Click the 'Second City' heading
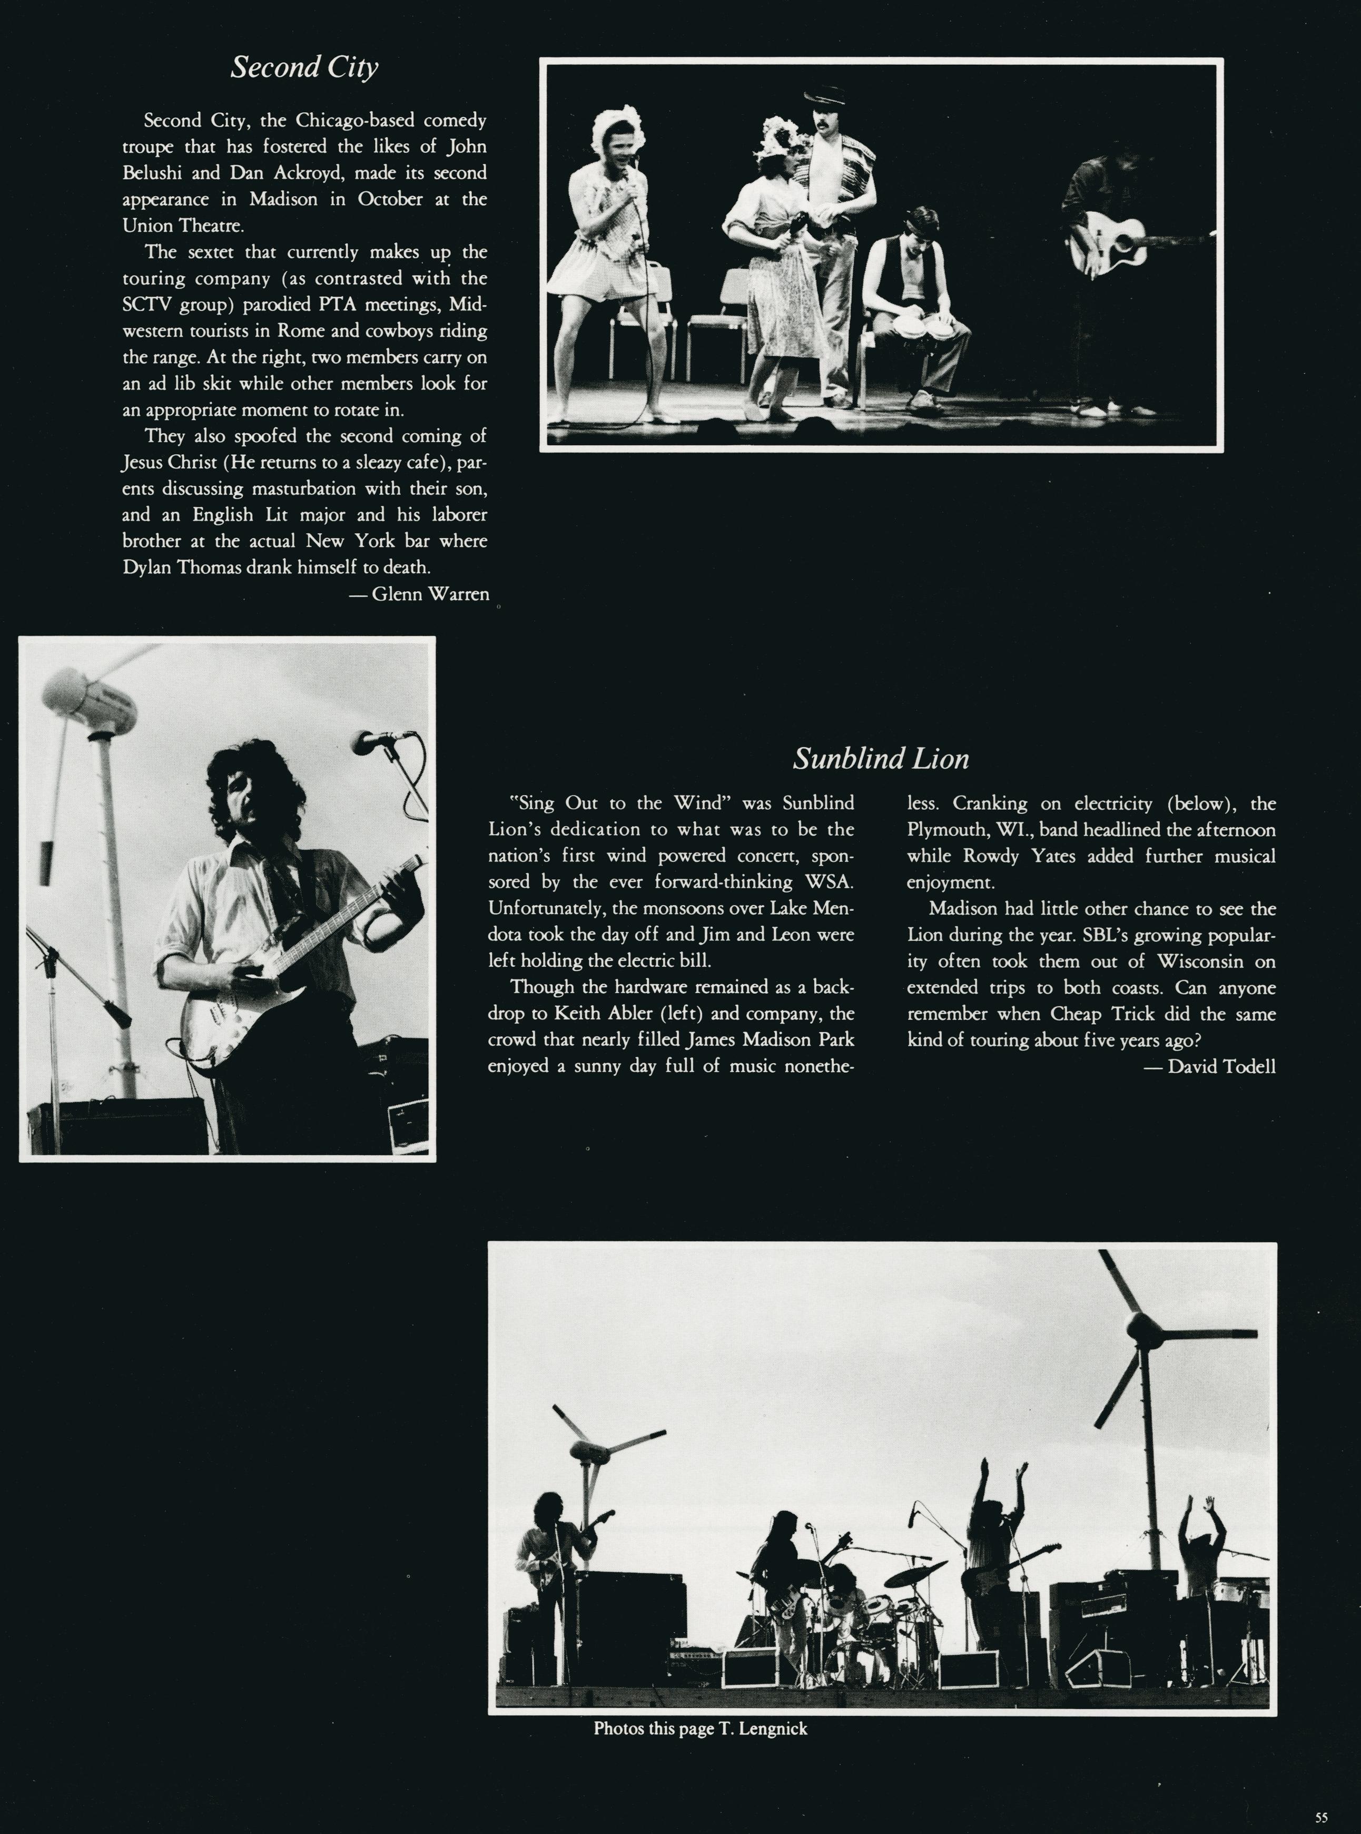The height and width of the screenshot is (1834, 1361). pyautogui.click(x=304, y=67)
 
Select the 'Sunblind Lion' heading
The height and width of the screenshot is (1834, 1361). pyautogui.click(x=881, y=759)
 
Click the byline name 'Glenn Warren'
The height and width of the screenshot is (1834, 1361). pyautogui.click(x=430, y=594)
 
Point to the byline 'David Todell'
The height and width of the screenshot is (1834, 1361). pyautogui.click(x=1221, y=1067)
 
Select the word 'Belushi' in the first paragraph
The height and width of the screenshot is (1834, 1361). pyautogui.click(x=152, y=173)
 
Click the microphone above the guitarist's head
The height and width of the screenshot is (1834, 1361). pyautogui.click(x=376, y=741)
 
